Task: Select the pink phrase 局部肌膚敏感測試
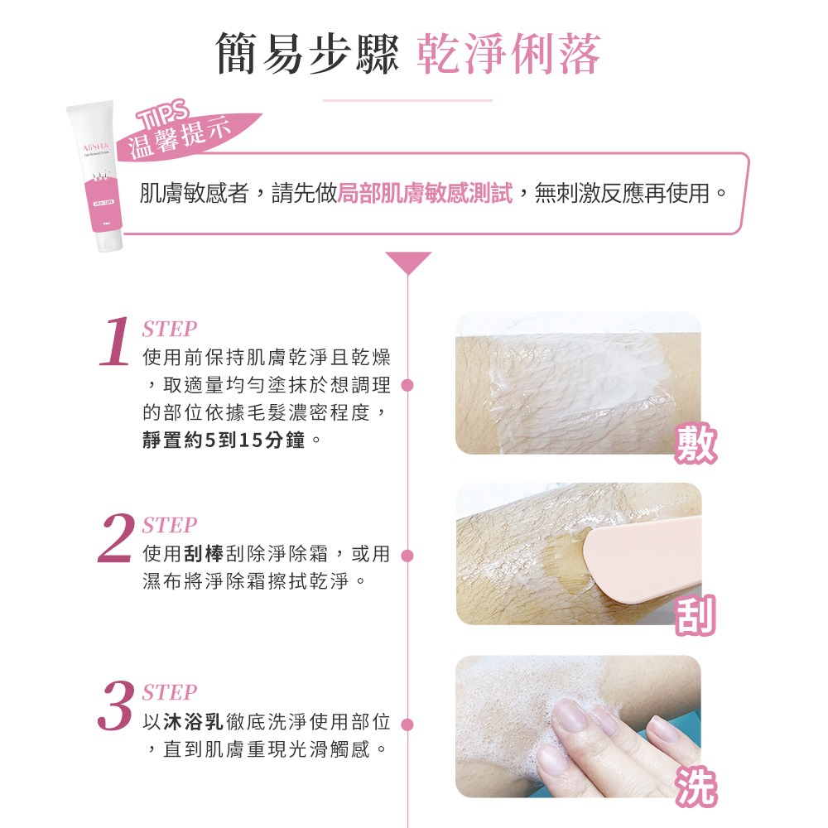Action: [425, 194]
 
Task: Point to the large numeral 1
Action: [114, 341]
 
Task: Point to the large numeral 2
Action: [114, 538]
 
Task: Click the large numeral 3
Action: [114, 705]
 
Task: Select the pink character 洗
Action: [694, 787]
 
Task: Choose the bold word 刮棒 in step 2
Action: [203, 552]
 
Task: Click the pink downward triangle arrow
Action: [407, 262]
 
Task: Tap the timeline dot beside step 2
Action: [407, 555]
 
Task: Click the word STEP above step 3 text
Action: [170, 692]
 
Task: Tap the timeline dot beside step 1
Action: [407, 386]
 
